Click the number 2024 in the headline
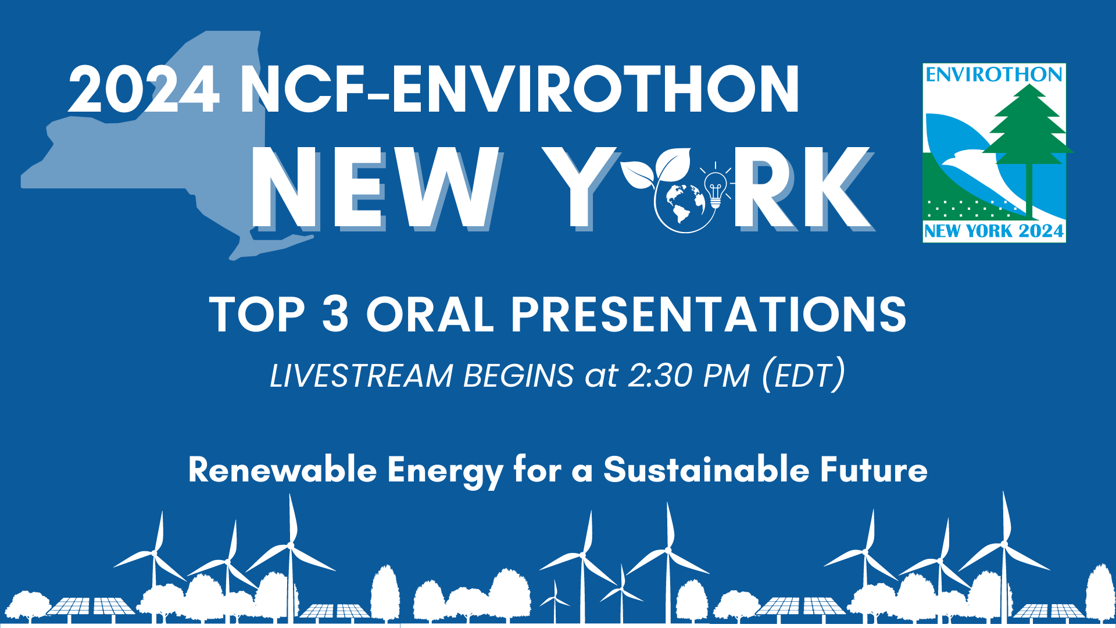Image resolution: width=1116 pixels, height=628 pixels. click(144, 89)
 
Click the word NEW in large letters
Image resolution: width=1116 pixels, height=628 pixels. click(375, 187)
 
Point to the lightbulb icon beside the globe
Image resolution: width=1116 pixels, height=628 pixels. click(716, 185)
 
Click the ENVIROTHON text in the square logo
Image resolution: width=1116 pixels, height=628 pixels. click(994, 74)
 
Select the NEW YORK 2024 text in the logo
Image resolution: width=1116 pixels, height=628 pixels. click(994, 231)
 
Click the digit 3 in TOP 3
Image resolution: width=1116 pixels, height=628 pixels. click(335, 314)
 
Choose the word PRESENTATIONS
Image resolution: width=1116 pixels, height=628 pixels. click(709, 314)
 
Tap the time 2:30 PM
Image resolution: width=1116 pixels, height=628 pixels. click(689, 376)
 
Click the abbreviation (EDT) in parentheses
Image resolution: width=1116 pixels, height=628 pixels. click(803, 376)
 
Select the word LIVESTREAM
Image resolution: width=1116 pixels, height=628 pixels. click(361, 376)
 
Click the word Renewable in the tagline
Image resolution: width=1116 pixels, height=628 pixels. click(283, 469)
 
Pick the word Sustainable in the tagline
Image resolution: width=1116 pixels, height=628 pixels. click(706, 469)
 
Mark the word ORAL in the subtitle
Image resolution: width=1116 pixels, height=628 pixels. click(430, 314)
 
